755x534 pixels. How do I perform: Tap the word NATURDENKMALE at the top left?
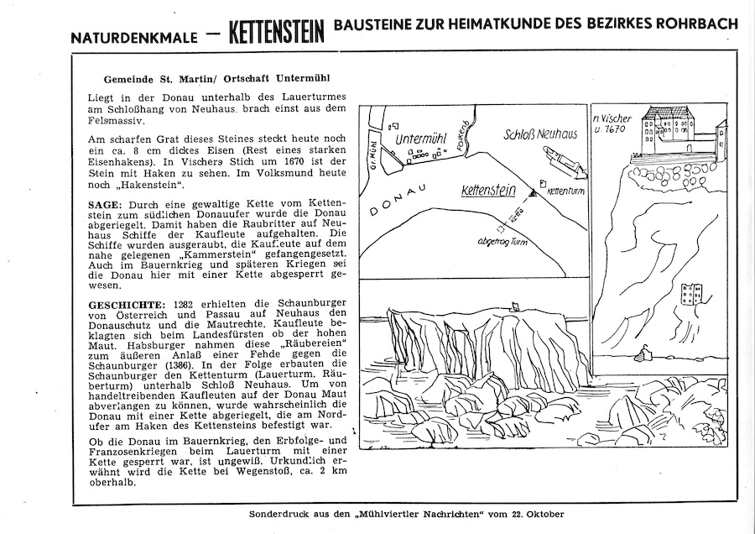point(134,39)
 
